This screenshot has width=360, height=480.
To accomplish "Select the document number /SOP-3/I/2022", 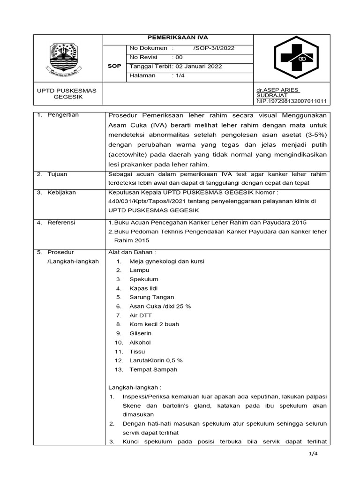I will click(214, 48).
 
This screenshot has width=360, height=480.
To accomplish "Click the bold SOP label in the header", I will click(114, 67).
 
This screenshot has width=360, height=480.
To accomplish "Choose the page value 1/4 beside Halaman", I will click(181, 75).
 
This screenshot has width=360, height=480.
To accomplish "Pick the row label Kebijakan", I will click(61, 192).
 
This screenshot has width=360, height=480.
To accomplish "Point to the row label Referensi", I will click(61, 223).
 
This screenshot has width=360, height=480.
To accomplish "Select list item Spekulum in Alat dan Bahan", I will click(143, 279).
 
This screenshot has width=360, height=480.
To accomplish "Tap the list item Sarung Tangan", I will click(151, 297).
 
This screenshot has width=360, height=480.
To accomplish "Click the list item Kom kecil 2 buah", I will click(154, 324).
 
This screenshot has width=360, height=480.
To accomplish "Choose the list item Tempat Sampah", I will click(153, 369).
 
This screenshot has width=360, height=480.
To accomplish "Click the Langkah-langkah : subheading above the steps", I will click(135, 388).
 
